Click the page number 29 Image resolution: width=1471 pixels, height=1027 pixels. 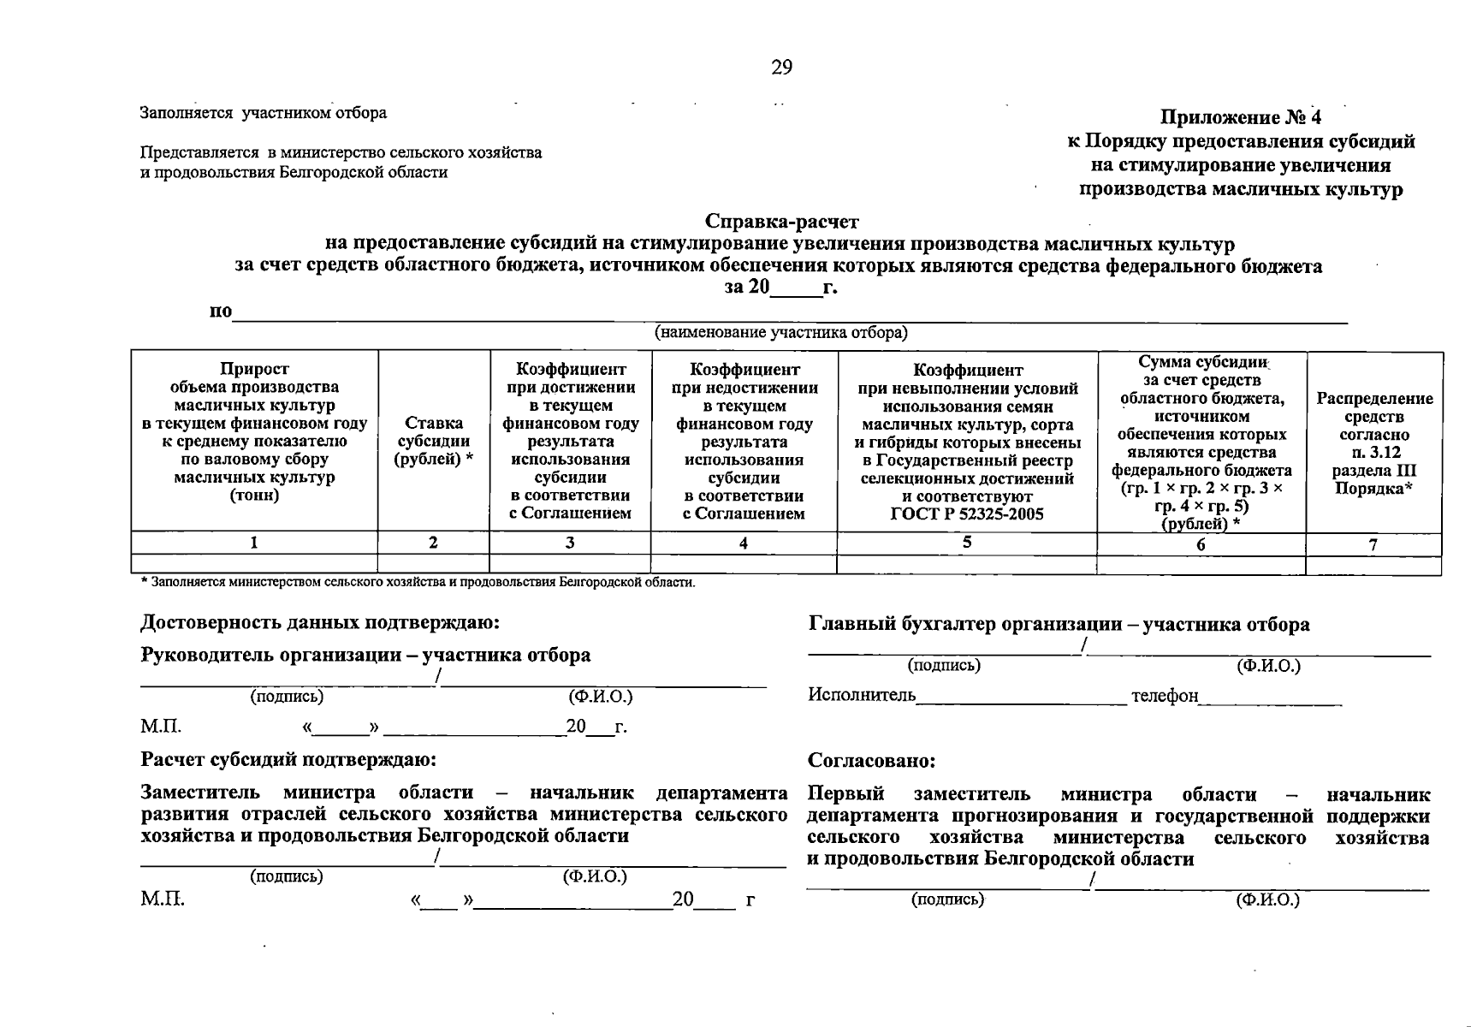point(781,68)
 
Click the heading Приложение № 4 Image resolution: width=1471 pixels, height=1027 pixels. point(1241,117)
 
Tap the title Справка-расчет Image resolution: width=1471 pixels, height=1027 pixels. point(781,223)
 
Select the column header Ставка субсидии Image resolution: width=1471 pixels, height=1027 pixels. point(433,441)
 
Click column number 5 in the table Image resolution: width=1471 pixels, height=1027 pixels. point(967,542)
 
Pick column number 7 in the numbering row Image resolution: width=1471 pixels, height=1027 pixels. point(1373,544)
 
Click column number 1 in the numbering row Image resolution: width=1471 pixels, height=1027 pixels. point(254,542)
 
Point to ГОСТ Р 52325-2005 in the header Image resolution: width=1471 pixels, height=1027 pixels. point(967,514)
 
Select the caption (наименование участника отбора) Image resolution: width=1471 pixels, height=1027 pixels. point(781,332)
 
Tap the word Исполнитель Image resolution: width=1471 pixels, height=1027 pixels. point(861,695)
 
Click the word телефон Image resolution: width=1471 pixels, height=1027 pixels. point(1164,695)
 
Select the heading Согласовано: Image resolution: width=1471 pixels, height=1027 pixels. point(871,760)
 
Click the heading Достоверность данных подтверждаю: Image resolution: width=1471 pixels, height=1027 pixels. point(319,622)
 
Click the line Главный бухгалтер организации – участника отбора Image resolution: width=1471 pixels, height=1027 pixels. point(1059,624)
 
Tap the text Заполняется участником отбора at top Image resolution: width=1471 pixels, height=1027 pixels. point(263,113)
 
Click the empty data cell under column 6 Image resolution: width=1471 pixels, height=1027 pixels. point(1201,564)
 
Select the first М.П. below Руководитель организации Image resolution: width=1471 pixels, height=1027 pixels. point(161,727)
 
